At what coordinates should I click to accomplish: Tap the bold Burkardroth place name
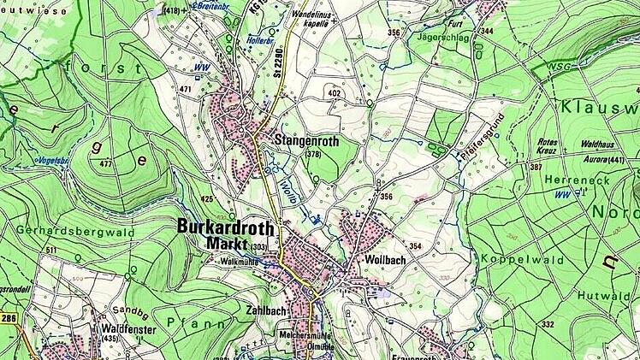[227, 227]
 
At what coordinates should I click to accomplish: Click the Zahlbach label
[264, 310]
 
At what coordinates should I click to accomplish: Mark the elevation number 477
[105, 163]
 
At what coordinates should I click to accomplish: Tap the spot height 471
[186, 89]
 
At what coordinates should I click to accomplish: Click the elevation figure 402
[334, 92]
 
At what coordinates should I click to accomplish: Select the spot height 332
[548, 325]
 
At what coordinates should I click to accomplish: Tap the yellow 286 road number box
[9, 317]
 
